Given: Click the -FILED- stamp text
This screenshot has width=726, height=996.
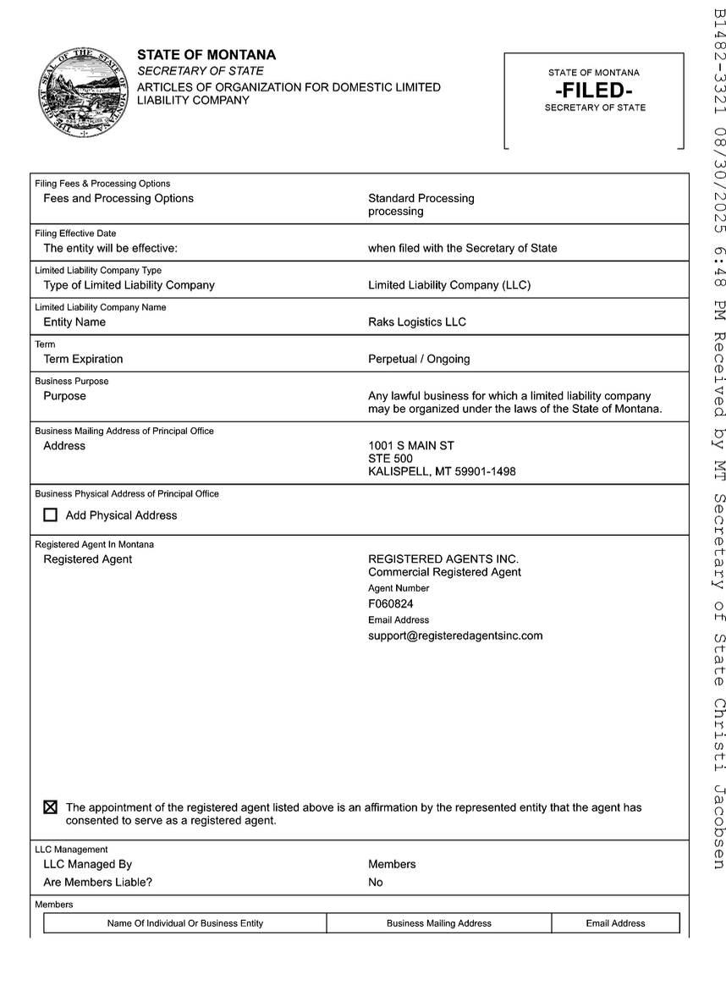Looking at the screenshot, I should tap(594, 91).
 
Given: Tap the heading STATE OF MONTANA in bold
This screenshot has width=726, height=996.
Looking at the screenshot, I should tap(206, 55).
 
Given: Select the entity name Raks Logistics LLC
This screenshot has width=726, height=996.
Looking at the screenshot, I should tap(417, 322).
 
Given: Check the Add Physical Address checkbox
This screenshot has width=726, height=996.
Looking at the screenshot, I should tap(51, 515).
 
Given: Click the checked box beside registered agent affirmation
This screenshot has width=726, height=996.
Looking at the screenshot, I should tap(51, 807).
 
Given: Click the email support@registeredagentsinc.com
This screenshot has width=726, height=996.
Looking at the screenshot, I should tap(455, 636).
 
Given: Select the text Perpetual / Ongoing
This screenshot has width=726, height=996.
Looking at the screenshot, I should tap(419, 359).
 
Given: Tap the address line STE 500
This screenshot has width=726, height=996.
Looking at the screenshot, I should tap(391, 459).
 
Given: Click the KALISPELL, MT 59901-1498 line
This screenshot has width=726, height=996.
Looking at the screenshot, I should tap(442, 471).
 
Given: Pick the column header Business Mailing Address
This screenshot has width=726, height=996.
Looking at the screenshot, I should tap(439, 923).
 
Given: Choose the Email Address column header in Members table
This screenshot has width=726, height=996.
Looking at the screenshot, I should tap(615, 923).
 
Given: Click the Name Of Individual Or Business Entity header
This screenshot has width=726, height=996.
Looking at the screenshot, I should tap(185, 923).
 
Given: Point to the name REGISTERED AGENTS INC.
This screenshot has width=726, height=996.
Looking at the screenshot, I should tap(443, 559).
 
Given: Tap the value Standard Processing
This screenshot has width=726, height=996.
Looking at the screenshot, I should tap(421, 198).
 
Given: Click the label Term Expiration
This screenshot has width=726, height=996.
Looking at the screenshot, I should tap(83, 359).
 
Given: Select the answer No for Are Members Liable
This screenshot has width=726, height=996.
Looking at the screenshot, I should tap(376, 883).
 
